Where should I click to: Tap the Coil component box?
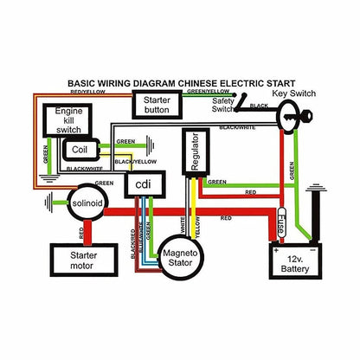[79, 149]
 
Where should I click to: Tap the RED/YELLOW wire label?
[88, 91]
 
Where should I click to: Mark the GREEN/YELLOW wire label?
[208, 91]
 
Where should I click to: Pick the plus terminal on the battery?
[277, 247]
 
